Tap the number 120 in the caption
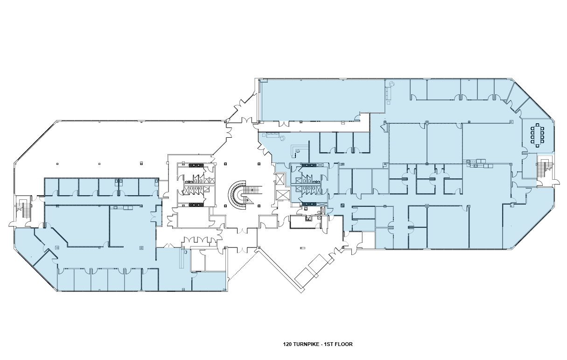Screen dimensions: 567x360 coord(287,344)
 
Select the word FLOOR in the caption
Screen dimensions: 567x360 coord(344,344)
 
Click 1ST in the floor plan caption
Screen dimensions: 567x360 coord(329,344)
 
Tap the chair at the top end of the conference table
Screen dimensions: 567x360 coord(537,125)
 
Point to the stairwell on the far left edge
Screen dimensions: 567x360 coord(23,208)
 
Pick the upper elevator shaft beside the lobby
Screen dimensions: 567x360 coord(280,179)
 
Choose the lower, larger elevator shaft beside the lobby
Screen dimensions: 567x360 coord(283,195)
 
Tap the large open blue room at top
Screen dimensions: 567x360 coord(322,100)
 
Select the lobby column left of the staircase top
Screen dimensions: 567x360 coord(225,164)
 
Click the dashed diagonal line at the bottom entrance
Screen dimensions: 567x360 coord(243,265)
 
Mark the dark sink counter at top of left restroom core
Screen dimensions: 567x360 coord(196,165)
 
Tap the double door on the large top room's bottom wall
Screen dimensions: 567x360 coord(284,124)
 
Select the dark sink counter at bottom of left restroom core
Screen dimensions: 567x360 coord(196,205)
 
